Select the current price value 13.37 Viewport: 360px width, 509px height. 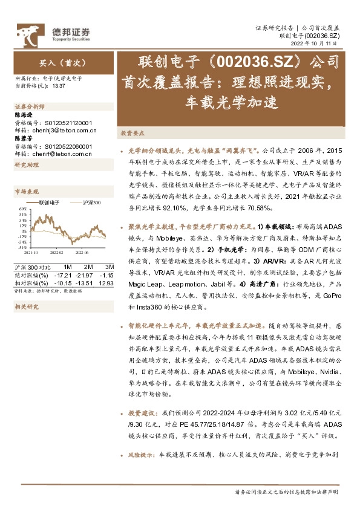point(59,86)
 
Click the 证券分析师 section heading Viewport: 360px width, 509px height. point(30,106)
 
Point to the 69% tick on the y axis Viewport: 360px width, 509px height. point(22,213)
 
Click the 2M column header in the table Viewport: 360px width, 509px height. point(88,267)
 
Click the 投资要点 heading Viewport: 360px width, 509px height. point(131,132)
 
